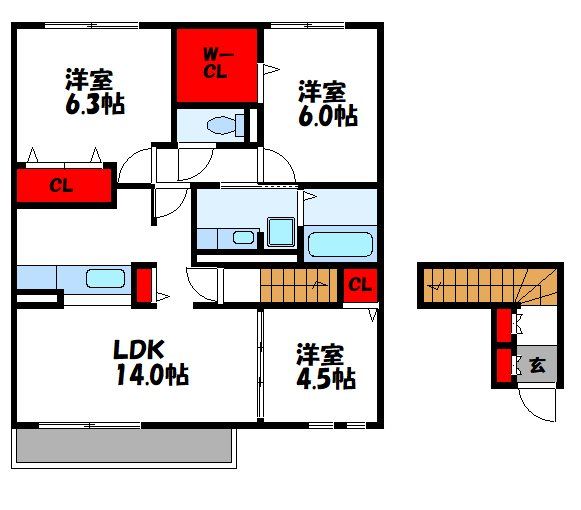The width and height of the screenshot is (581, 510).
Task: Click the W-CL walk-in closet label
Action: (216, 63)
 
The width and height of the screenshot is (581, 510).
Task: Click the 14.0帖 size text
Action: (150, 376)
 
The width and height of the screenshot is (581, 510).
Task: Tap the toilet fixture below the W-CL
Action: (219, 124)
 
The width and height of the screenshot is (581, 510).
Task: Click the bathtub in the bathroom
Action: (340, 244)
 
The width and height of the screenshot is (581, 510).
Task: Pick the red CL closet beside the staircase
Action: (360, 286)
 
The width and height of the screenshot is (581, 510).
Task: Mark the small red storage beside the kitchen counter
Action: (143, 282)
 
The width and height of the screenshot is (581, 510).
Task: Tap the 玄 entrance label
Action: (538, 365)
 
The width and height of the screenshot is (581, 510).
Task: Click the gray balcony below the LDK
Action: (124, 445)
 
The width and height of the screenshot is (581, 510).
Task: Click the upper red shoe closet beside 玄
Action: (503, 325)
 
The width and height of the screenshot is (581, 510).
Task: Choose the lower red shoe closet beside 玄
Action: (503, 365)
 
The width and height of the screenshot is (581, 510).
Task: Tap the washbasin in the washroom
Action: (241, 238)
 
